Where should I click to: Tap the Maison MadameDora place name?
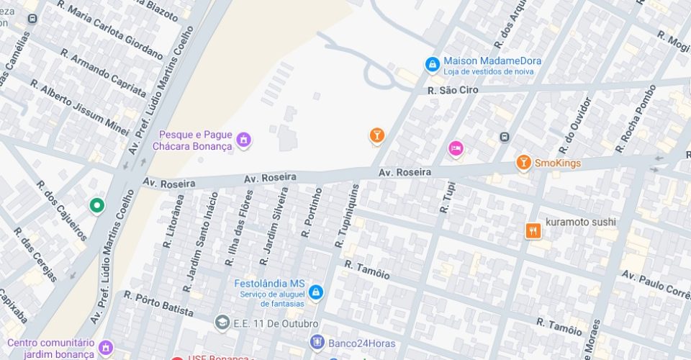(492, 61)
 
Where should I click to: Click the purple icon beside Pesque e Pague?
(244, 140)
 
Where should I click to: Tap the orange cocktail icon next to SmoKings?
(523, 163)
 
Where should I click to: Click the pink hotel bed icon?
(456, 149)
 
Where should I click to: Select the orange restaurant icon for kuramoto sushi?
(533, 230)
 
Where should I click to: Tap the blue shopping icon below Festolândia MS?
(315, 293)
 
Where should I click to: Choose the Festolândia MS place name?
(270, 283)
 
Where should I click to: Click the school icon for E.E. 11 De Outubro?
(222, 321)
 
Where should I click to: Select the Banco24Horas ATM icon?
(317, 342)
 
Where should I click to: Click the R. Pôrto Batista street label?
(158, 304)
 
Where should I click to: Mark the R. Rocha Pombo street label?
(636, 119)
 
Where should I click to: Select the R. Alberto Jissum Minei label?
(79, 108)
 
